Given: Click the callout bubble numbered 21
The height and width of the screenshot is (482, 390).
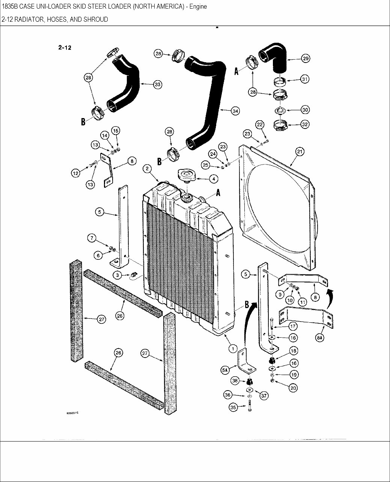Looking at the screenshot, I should (x=300, y=152).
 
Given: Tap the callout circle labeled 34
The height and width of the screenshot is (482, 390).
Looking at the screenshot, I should (x=235, y=111).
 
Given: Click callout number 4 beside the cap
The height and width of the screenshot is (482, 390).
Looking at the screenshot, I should (x=213, y=179).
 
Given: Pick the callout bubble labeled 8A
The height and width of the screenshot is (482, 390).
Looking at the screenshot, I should (x=319, y=338).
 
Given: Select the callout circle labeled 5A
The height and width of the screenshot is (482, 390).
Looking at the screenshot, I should (x=225, y=370).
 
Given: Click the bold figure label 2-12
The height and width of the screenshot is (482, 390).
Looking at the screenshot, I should (x=65, y=47).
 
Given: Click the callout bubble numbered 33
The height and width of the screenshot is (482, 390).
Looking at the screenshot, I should (x=157, y=85).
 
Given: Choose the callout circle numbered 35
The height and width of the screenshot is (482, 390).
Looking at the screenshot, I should (x=233, y=408).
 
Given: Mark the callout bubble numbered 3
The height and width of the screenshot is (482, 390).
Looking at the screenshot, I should (x=117, y=275).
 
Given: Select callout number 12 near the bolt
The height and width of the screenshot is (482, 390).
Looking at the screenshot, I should (x=76, y=173).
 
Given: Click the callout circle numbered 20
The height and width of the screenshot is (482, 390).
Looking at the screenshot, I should (x=293, y=388).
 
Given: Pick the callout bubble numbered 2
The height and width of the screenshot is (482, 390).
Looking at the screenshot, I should (x=147, y=169).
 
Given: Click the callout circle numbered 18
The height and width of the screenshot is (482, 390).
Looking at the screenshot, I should (x=293, y=350).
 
